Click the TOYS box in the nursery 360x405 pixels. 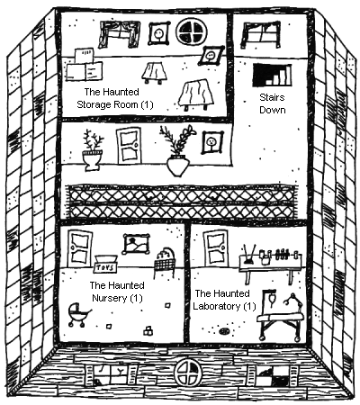pyautogui.click(x=105, y=264)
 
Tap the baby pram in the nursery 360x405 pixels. pyautogui.click(x=78, y=315)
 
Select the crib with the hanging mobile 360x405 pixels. pyautogui.click(x=165, y=262)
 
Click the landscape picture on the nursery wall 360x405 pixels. pyautogui.click(x=136, y=244)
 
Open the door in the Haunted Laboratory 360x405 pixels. pyautogui.click(x=216, y=248)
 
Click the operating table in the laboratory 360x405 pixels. pyautogui.click(x=281, y=316)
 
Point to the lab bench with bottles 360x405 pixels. pyautogui.click(x=270, y=264)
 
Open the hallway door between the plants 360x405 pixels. pyautogui.click(x=130, y=146)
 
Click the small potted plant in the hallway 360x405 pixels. pyautogui.click(x=93, y=150)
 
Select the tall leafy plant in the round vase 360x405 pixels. pyautogui.click(x=177, y=150)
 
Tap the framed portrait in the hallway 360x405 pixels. pyautogui.click(x=212, y=142)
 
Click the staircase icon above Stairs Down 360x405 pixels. pyautogui.click(x=272, y=75)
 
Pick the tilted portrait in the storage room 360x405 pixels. pyautogui.click(x=211, y=56)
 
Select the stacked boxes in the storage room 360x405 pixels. pyautogui.click(x=85, y=65)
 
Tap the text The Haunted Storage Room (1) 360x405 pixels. pyautogui.click(x=114, y=98)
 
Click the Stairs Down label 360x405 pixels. pyautogui.click(x=273, y=103)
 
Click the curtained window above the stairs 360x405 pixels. pyautogui.click(x=261, y=34)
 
